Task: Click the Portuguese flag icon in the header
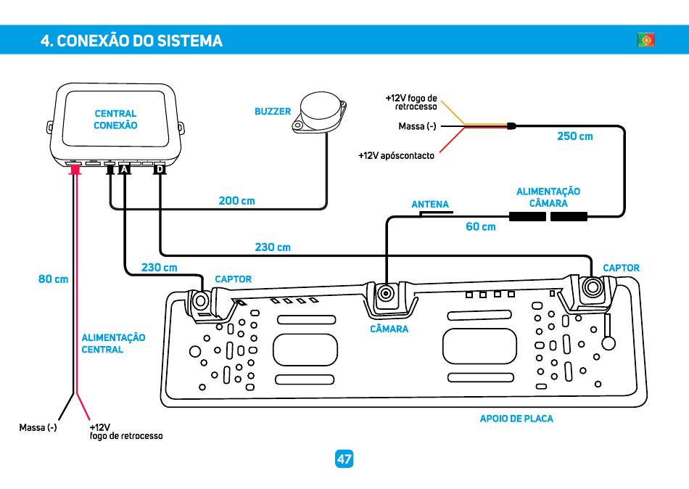click(646, 40)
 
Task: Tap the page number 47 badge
click(344, 459)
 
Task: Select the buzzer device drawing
click(319, 112)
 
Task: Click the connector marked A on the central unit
click(125, 169)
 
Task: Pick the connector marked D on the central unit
click(160, 169)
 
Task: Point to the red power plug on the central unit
click(75, 169)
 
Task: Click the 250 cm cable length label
click(574, 136)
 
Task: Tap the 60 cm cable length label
click(481, 227)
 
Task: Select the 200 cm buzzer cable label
click(237, 201)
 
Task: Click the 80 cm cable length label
click(53, 279)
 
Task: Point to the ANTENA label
click(430, 204)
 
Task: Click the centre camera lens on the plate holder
click(387, 293)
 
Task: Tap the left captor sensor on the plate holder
click(201, 302)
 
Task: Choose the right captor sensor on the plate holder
click(592, 287)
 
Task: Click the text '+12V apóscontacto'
click(396, 156)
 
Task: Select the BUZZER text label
click(273, 112)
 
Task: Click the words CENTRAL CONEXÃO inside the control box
click(115, 120)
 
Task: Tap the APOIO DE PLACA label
click(516, 419)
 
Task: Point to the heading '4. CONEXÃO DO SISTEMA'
click(131, 41)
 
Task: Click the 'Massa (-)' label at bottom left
click(38, 428)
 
